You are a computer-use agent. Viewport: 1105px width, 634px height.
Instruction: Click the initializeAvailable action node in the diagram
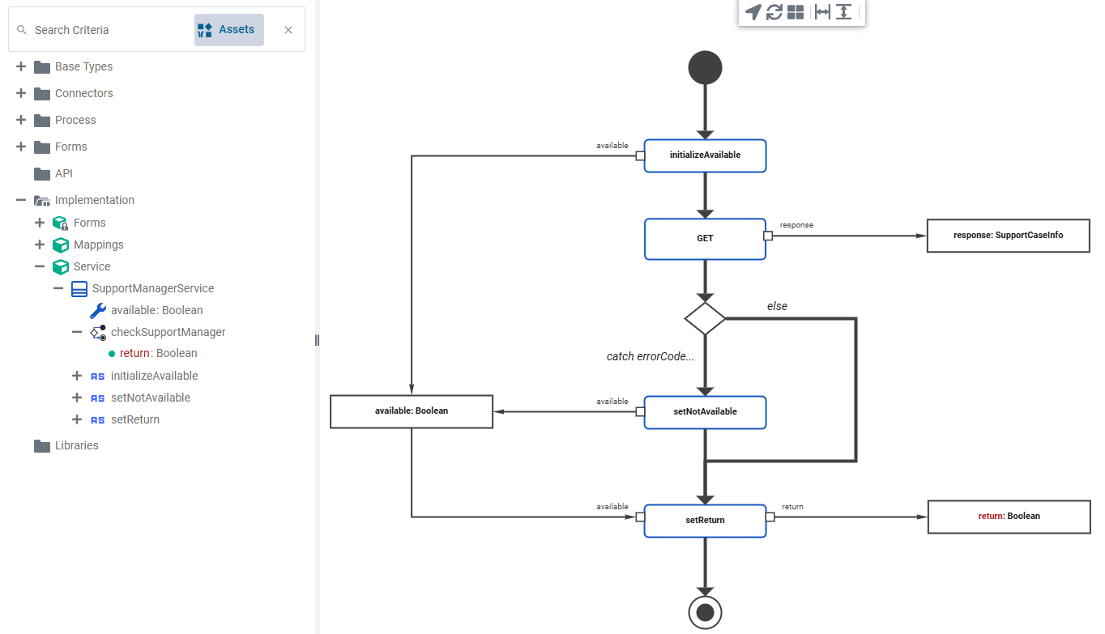click(705, 155)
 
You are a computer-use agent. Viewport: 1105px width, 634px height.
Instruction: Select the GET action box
click(705, 239)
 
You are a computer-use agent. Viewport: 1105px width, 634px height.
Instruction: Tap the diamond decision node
click(705, 318)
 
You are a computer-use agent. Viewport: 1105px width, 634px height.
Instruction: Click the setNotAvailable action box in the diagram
click(705, 412)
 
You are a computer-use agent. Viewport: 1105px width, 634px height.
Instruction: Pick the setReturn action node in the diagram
click(705, 521)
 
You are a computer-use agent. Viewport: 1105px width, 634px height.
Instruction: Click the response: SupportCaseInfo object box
click(1008, 236)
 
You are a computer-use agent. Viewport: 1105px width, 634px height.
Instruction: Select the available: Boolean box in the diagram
click(412, 411)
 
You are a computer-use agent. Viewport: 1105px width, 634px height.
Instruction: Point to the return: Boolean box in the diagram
click(1008, 517)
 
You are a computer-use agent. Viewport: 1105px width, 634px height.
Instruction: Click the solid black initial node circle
click(705, 68)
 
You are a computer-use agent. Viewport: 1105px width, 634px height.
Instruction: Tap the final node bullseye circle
click(705, 612)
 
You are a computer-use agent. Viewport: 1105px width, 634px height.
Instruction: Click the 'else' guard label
click(777, 306)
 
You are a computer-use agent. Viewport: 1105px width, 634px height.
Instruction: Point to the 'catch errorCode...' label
click(651, 356)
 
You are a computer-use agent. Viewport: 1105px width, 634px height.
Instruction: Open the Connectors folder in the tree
click(83, 93)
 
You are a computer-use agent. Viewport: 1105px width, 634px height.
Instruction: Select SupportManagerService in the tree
click(152, 288)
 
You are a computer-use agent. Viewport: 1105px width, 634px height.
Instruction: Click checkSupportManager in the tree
click(168, 332)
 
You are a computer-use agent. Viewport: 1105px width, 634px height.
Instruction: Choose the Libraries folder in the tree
click(76, 445)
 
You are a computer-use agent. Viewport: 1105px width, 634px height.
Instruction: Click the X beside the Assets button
click(288, 30)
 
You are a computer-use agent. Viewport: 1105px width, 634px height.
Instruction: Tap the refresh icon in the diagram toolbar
click(774, 12)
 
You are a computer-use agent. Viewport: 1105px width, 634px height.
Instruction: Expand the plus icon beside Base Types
click(21, 66)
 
